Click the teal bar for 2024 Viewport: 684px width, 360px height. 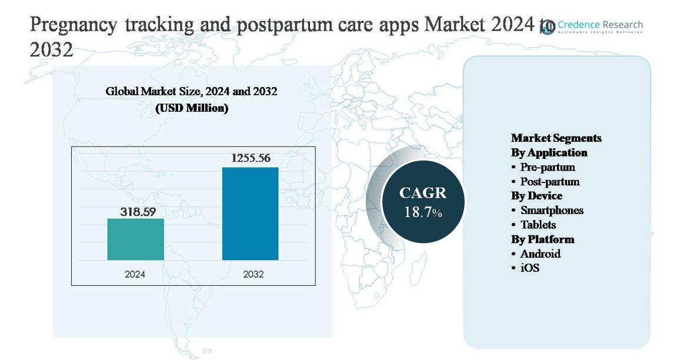135,239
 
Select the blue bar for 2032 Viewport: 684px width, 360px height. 250,214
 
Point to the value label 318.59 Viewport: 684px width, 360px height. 138,212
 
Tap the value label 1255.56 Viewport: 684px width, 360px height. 251,158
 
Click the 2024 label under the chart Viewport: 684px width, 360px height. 135,274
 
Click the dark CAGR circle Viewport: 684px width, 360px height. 423,201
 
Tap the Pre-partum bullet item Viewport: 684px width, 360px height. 547,167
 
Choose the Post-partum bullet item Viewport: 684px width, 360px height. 549,182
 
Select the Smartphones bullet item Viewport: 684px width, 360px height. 552,210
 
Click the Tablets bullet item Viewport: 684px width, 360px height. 538,225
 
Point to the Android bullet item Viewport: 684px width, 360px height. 540,254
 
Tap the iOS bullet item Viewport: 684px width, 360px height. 529,268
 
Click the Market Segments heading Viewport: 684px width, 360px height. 556,138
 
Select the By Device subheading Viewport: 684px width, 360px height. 536,196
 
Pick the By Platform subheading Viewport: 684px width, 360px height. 542,239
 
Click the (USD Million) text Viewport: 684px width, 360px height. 192,108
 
